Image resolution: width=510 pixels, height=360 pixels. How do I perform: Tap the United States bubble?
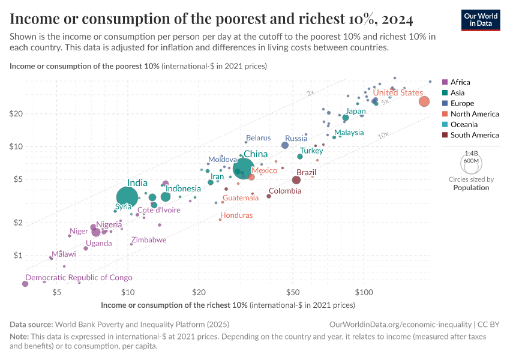[424, 101]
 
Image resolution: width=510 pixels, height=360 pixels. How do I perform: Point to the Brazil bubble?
[296, 180]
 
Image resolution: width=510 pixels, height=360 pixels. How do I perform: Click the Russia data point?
[285, 145]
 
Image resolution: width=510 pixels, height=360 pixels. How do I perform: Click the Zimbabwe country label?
[149, 239]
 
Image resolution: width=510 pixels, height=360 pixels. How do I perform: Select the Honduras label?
[236, 215]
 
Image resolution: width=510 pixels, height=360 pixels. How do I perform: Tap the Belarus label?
[258, 138]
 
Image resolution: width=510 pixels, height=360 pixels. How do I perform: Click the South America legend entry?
[474, 135]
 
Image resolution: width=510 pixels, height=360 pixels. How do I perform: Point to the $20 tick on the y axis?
[16, 114]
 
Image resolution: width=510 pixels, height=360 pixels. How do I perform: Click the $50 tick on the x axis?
[293, 293]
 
